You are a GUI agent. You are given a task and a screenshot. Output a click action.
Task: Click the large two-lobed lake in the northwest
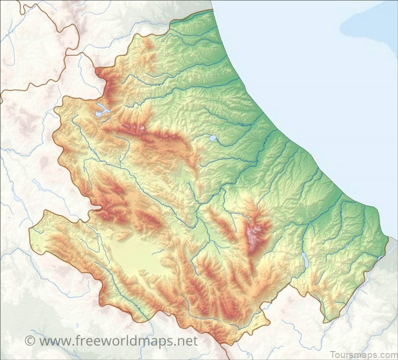[102, 110]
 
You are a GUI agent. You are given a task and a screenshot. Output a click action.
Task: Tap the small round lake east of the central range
[213, 138]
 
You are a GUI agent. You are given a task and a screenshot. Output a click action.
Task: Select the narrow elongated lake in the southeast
[303, 258]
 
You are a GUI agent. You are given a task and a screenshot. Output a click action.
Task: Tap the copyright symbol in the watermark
[30, 341]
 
